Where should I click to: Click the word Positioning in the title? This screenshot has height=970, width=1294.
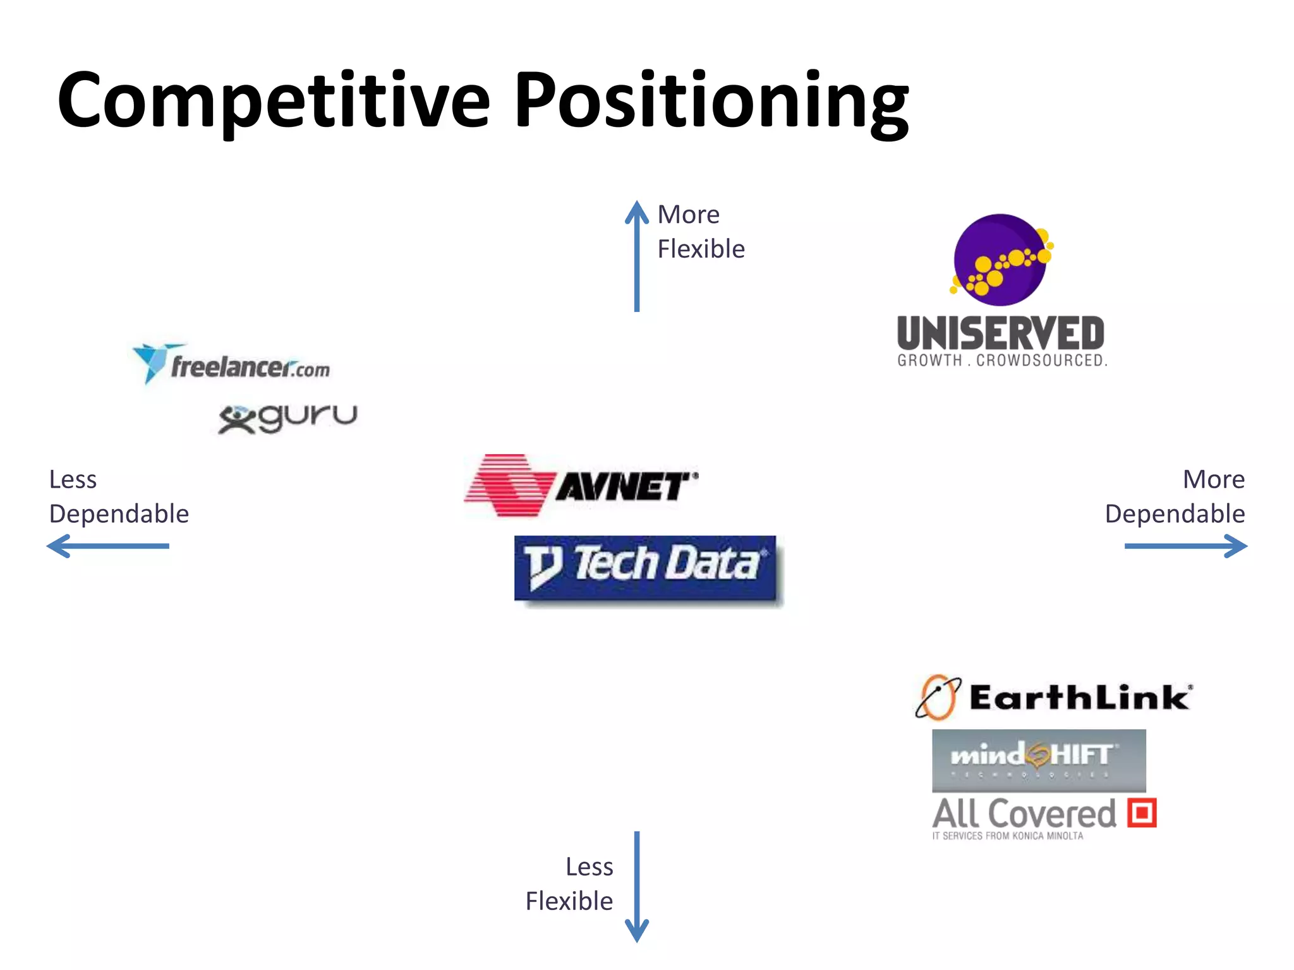coord(711,101)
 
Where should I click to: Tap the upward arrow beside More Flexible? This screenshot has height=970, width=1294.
coord(636,256)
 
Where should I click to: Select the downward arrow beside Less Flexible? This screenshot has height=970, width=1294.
coord(636,887)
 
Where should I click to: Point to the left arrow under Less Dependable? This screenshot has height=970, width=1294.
coord(108,546)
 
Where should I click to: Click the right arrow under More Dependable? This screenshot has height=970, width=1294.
coord(1185,546)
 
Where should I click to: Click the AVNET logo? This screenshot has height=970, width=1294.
coord(581,485)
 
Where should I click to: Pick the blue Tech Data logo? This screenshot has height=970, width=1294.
coord(645,567)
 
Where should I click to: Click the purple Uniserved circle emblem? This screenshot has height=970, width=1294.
coord(1001,260)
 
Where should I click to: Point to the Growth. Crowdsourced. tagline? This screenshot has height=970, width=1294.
coord(1002,361)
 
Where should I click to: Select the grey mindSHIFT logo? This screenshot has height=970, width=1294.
coord(1039,760)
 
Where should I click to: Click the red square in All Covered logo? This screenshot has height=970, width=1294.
coord(1142,813)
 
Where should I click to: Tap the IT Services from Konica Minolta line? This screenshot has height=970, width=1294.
coord(1007,836)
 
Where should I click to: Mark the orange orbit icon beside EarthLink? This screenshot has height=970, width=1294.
coord(938,697)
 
